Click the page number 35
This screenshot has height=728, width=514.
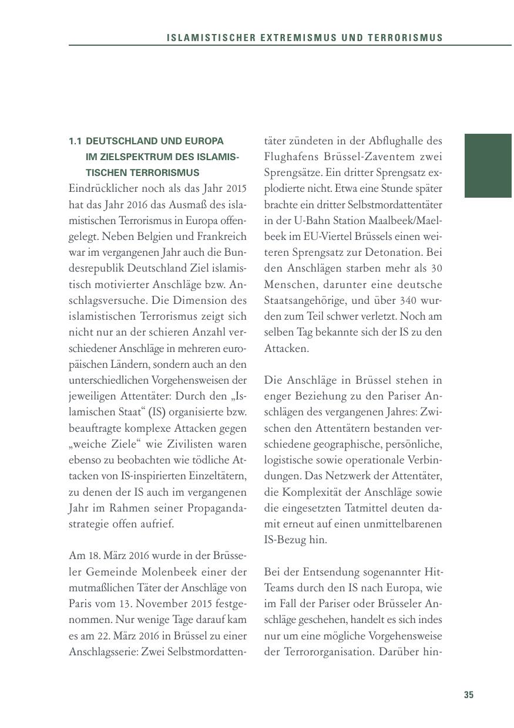[468, 695]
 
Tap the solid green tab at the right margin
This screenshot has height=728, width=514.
[488, 166]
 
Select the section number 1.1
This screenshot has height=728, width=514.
[75, 141]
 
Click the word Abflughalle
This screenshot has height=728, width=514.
[397, 141]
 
